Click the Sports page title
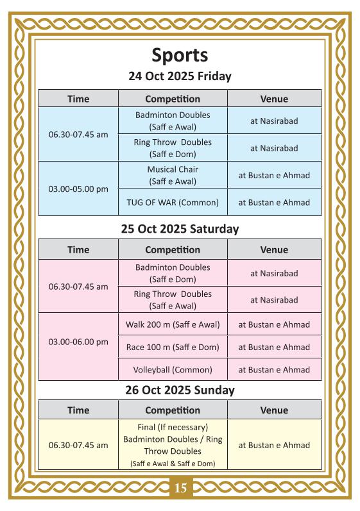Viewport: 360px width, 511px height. click(180, 55)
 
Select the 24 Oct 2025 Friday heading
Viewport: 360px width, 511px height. click(180, 76)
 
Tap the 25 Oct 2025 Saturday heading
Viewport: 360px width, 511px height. click(180, 228)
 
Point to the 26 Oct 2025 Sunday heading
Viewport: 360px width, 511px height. click(180, 390)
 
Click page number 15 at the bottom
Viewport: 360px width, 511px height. click(180, 489)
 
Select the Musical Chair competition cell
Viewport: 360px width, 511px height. click(173, 175)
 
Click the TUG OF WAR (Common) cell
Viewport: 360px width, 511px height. click(173, 203)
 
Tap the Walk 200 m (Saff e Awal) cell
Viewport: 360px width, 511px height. click(173, 324)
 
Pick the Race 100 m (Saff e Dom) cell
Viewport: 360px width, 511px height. click(173, 347)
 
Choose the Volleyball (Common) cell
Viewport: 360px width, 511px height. click(173, 370)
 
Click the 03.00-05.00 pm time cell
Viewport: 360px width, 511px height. click(78, 189)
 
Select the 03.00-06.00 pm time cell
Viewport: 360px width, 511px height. click(78, 342)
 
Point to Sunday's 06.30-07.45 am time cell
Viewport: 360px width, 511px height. click(78, 445)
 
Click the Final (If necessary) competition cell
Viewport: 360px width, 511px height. click(173, 445)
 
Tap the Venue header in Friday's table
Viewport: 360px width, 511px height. click(274, 99)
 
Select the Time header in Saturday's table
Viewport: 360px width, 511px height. click(78, 249)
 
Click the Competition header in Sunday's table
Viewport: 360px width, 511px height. click(173, 410)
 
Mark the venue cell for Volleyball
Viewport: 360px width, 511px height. click(274, 370)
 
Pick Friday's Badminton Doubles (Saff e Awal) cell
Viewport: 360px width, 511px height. click(173, 121)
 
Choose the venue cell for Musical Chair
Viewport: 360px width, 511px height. click(274, 175)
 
